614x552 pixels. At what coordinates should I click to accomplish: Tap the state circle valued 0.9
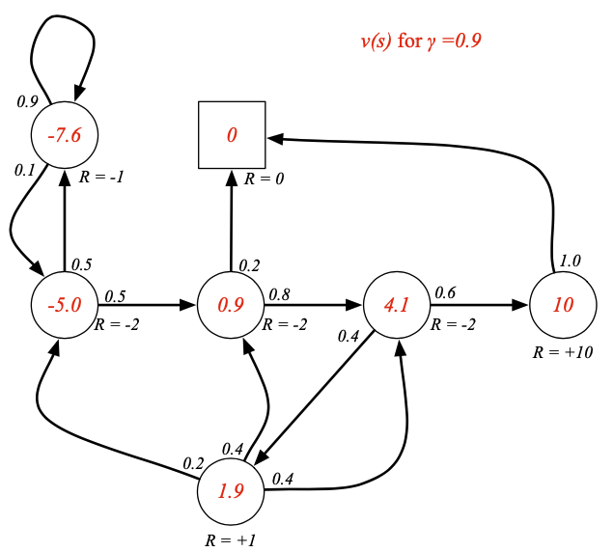[231, 306]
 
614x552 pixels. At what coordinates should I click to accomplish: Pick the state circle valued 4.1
[397, 306]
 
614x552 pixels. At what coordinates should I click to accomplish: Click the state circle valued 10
[563, 306]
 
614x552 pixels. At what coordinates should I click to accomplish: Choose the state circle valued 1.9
[231, 491]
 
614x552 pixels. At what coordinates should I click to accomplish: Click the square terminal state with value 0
[232, 135]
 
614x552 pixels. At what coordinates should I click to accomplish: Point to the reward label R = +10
[563, 352]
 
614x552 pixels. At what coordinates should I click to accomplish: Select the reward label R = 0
[265, 179]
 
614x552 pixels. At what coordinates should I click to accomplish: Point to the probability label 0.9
[27, 100]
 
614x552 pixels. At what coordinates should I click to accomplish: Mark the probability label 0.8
[280, 293]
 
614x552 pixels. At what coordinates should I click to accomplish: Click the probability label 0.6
[445, 292]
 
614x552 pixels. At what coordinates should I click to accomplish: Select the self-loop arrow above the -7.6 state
[63, 29]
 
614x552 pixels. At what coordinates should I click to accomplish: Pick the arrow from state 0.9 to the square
[232, 222]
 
